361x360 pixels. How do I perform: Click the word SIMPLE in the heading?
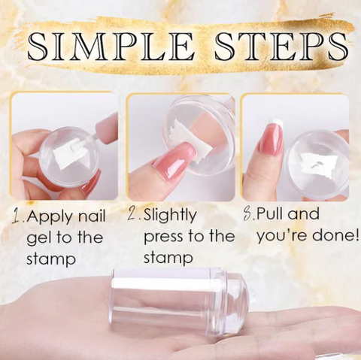(x=111, y=47)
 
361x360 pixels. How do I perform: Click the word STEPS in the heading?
(x=281, y=47)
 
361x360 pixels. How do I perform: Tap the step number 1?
(x=17, y=216)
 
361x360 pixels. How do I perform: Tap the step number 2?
(x=132, y=214)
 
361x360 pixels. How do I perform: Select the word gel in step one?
(x=39, y=238)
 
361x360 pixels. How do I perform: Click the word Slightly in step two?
(x=169, y=216)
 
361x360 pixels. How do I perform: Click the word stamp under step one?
(x=51, y=259)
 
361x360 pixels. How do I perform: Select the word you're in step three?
(x=274, y=235)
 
